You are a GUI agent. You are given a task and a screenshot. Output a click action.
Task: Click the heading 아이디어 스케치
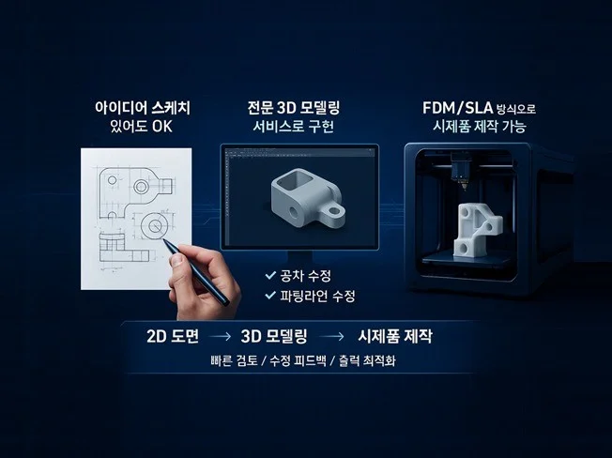(x=143, y=108)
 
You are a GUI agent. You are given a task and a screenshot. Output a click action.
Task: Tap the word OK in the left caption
(x=162, y=127)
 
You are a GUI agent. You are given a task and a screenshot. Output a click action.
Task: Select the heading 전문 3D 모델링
(x=294, y=108)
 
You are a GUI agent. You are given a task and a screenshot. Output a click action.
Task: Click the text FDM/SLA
(x=457, y=108)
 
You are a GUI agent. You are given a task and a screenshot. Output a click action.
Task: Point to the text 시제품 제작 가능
(x=480, y=127)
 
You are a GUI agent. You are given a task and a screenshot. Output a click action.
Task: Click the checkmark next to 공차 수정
(x=270, y=275)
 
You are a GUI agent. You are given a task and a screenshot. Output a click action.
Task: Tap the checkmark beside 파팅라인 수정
(x=270, y=295)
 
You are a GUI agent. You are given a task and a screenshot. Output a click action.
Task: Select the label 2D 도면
(x=173, y=336)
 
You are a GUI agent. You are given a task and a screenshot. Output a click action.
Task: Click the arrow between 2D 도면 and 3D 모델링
(x=221, y=336)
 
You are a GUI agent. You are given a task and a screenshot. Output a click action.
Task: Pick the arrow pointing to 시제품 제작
(x=331, y=336)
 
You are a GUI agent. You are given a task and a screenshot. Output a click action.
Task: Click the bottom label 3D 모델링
(x=274, y=336)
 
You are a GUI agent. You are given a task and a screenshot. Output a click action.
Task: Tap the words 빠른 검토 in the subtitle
(x=234, y=360)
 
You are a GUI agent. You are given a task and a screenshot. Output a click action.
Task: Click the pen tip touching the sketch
(x=163, y=240)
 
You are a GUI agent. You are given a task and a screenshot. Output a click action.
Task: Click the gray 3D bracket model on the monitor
(x=308, y=197)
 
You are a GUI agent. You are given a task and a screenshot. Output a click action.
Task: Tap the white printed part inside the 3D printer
(x=477, y=230)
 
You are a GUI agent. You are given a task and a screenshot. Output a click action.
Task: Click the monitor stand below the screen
(x=299, y=257)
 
